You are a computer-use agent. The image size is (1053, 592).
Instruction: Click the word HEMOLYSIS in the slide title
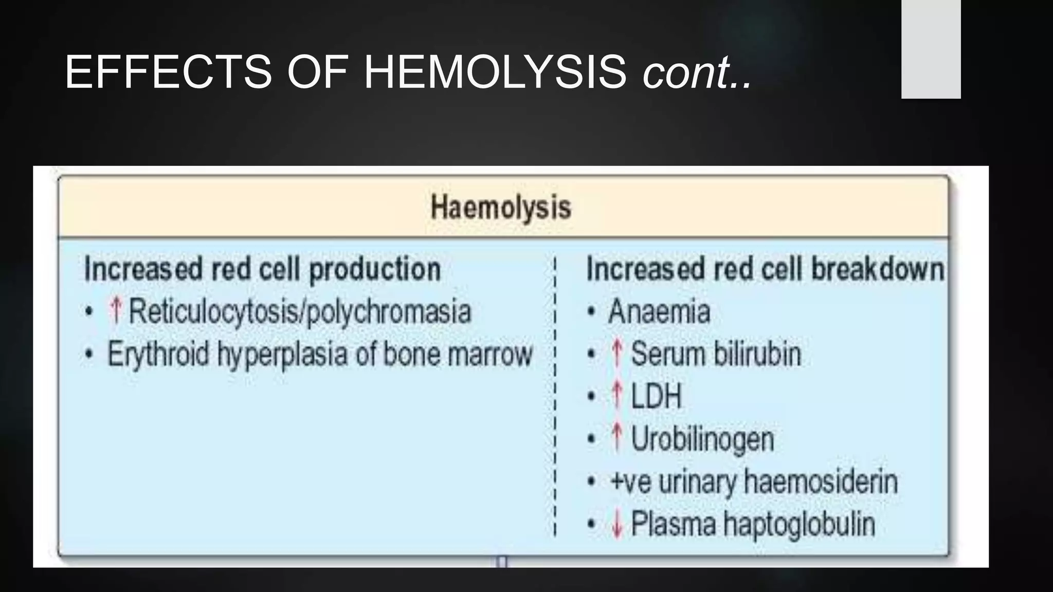(x=495, y=72)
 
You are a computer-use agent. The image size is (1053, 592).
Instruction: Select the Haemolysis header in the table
(x=501, y=208)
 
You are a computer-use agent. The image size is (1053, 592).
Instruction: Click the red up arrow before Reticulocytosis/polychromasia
(x=116, y=311)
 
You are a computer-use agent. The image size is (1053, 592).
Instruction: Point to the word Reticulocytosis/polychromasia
(x=300, y=312)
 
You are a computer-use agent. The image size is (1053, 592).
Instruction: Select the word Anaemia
(x=659, y=312)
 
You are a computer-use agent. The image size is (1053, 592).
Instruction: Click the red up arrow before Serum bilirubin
(x=617, y=354)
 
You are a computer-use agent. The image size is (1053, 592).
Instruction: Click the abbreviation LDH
(x=656, y=397)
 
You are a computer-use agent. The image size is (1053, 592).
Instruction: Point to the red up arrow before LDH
(x=617, y=396)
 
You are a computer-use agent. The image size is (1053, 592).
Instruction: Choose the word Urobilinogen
(x=702, y=440)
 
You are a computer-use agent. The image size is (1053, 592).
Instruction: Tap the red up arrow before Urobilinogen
(x=617, y=439)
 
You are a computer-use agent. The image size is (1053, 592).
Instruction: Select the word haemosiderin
(x=821, y=482)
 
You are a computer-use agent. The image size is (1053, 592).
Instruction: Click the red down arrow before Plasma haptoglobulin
(x=617, y=525)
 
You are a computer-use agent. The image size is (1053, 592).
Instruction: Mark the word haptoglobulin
(x=799, y=525)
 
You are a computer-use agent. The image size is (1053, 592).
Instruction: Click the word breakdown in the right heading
(x=877, y=269)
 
